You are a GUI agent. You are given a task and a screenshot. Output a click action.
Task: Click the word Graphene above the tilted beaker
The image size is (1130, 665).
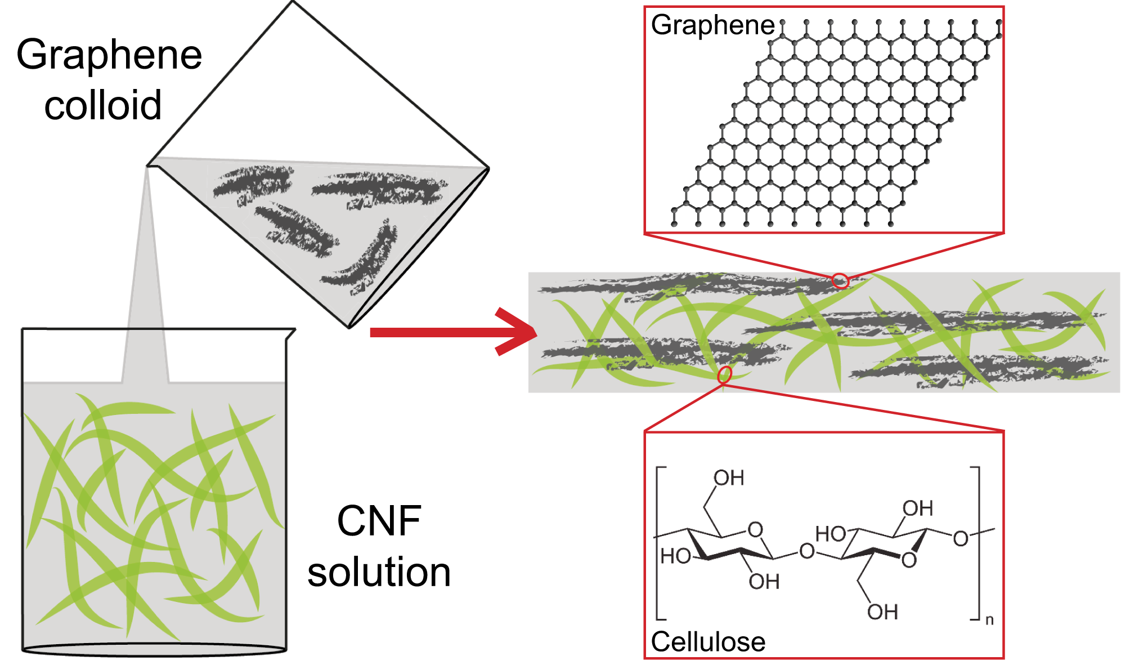click(x=109, y=55)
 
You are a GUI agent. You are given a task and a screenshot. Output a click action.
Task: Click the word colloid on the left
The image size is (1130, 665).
click(x=103, y=105)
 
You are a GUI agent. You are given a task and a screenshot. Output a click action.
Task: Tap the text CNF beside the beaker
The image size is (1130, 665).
click(x=379, y=521)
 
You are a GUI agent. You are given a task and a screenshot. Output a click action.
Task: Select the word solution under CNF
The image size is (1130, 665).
click(x=379, y=572)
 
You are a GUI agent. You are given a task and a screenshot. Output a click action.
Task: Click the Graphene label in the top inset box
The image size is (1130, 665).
click(x=712, y=25)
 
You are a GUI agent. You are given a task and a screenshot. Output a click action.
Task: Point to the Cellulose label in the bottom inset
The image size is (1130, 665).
click(x=707, y=641)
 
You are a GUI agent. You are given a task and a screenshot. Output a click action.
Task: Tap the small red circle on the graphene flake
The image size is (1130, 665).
click(x=840, y=280)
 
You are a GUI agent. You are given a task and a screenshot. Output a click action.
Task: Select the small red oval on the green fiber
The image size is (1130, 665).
click(x=725, y=374)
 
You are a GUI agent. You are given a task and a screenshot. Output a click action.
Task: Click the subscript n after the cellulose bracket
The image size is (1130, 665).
click(x=989, y=621)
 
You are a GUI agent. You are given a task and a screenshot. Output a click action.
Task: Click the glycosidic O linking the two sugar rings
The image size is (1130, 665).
click(x=806, y=551)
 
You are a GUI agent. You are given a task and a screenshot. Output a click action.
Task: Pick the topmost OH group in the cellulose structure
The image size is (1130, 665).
click(x=729, y=478)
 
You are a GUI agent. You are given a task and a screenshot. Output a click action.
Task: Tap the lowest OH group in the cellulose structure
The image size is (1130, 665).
click(x=882, y=612)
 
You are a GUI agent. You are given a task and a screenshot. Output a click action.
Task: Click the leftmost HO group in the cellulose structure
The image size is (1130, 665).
click(x=675, y=556)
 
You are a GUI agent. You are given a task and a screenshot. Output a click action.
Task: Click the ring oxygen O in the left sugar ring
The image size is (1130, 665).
click(x=755, y=529)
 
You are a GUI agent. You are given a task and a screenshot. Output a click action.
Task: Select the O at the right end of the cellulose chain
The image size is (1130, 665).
click(x=960, y=539)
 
